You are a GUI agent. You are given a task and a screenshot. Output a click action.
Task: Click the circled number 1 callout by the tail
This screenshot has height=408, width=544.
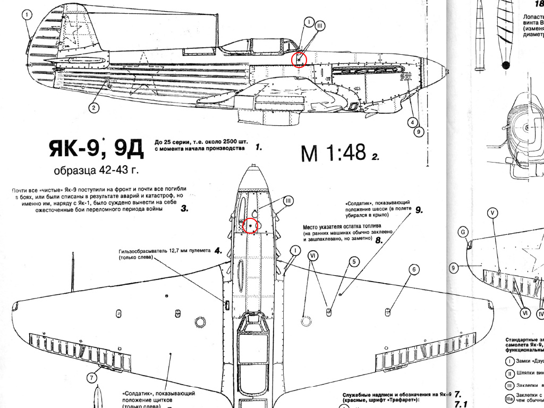(27, 15)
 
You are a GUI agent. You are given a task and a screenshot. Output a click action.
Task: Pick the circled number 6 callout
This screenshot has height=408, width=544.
(413, 269)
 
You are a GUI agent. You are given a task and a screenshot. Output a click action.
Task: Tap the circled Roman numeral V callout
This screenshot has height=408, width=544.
(492, 213)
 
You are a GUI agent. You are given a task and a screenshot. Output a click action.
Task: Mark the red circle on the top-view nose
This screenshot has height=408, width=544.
(250, 226)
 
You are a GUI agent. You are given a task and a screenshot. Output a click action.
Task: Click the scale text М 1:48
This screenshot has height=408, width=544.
(333, 153)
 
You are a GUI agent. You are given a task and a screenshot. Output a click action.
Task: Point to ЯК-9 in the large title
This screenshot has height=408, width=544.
(74, 150)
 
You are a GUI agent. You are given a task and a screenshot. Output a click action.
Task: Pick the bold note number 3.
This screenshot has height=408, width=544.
(184, 209)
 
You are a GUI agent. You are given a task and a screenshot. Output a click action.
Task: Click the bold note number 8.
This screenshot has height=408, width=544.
(379, 240)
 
